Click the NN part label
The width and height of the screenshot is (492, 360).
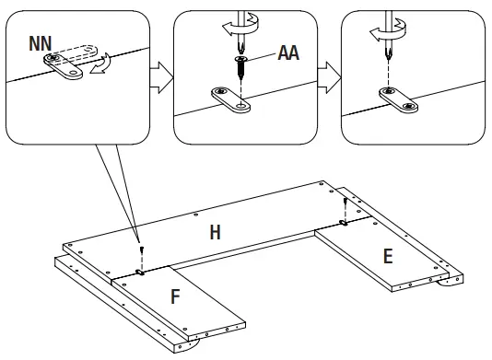pyautogui.click(x=41, y=43)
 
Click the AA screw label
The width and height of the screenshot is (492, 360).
pyautogui.click(x=288, y=52)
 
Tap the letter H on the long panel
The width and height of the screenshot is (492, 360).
pyautogui.click(x=215, y=232)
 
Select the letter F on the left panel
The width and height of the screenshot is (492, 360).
pyautogui.click(x=175, y=296)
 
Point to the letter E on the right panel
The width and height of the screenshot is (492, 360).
pyautogui.click(x=388, y=256)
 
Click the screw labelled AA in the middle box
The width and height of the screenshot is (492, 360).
pyautogui.click(x=240, y=67)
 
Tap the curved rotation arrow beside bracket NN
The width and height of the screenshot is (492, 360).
pyautogui.click(x=101, y=64)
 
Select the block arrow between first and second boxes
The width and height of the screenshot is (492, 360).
pyautogui.click(x=161, y=77)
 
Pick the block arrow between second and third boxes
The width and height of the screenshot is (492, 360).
pyautogui.click(x=329, y=77)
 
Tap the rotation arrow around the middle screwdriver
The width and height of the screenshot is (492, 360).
pyautogui.click(x=241, y=26)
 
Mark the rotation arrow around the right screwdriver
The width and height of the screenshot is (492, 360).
pyautogui.click(x=388, y=30)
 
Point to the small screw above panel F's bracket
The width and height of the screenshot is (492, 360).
pyautogui.click(x=143, y=250)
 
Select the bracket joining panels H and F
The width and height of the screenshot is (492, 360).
pyautogui.click(x=140, y=273)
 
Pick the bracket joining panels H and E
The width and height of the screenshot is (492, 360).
pyautogui.click(x=344, y=223)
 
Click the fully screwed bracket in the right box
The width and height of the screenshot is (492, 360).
pyautogui.click(x=399, y=100)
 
